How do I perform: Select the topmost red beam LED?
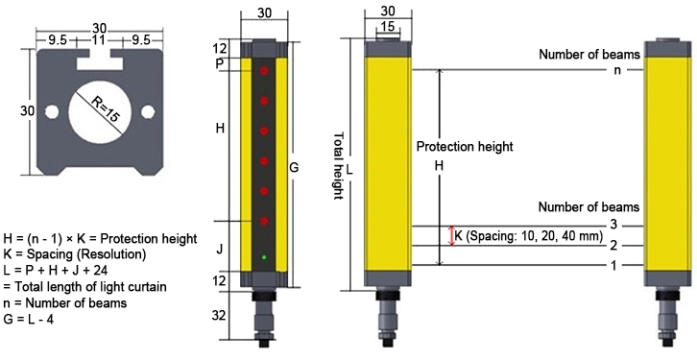[264, 71]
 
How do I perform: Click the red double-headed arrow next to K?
[451, 235]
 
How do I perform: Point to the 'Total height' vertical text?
[337, 165]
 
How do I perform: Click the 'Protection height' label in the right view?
[465, 147]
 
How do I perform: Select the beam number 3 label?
[612, 225]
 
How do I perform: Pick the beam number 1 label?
[612, 264]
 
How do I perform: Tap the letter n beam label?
[614, 70]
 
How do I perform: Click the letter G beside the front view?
[295, 168]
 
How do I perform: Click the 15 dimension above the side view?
[385, 30]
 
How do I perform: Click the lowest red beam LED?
[264, 221]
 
